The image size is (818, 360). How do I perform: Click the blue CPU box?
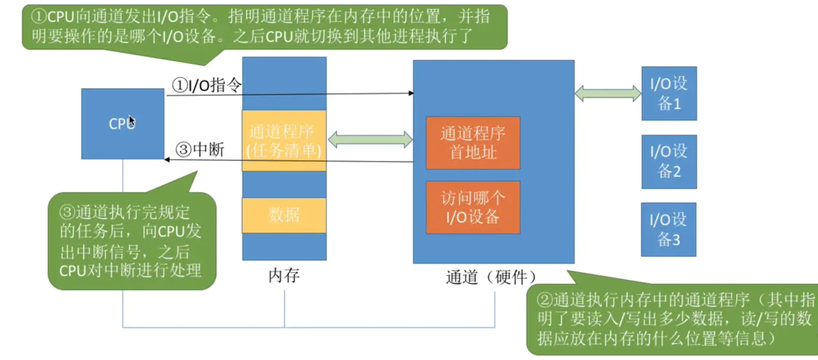click(x=123, y=123)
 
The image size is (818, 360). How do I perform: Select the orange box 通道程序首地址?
click(x=473, y=143)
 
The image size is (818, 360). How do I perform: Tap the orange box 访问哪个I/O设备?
click(x=473, y=207)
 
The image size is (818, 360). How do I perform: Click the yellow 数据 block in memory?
click(x=284, y=215)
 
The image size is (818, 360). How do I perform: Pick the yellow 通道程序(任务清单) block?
click(x=284, y=141)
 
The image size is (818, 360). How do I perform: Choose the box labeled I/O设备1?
click(x=669, y=93)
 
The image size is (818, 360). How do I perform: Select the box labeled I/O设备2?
click(x=669, y=162)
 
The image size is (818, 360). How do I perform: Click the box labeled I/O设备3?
click(x=668, y=230)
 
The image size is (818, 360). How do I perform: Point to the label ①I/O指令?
click(x=206, y=85)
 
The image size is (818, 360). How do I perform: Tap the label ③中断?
click(x=200, y=149)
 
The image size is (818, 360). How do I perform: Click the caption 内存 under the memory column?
click(x=284, y=276)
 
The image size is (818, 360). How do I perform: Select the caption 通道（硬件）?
click(x=491, y=277)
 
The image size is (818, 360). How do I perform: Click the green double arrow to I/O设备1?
click(x=608, y=93)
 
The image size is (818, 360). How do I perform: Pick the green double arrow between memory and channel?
click(x=370, y=139)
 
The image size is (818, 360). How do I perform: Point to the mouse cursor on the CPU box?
click(x=132, y=121)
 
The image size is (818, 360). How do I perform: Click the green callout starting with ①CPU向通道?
click(x=265, y=27)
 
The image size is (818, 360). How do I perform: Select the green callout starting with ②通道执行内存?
click(x=672, y=318)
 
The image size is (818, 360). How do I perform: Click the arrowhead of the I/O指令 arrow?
click(x=411, y=93)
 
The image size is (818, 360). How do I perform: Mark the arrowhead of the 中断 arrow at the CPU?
click(x=167, y=159)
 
